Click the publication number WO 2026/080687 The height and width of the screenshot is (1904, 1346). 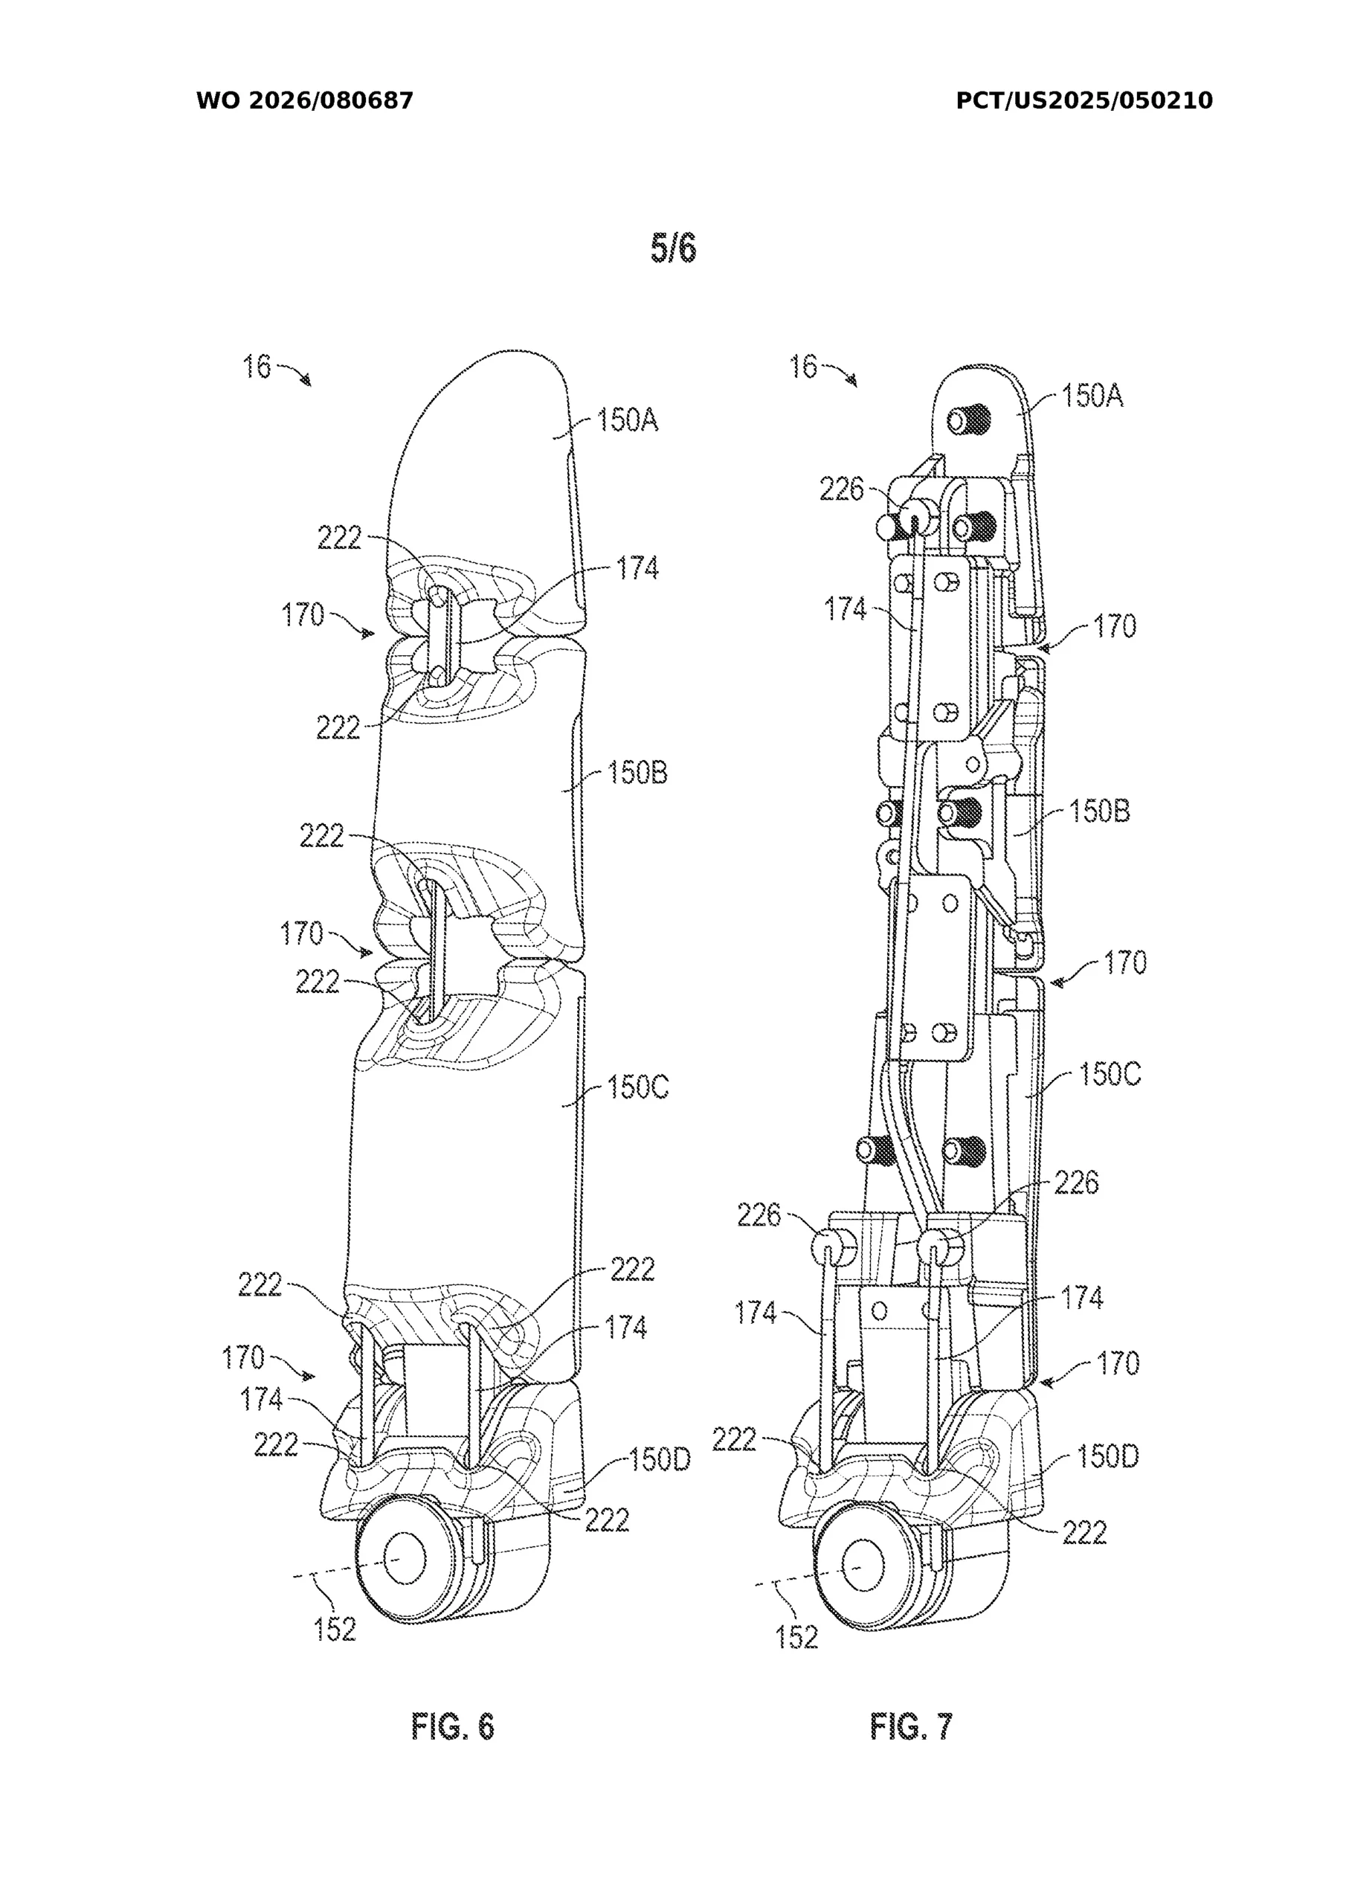coord(304,101)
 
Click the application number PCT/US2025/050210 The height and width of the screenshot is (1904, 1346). coord(1084,101)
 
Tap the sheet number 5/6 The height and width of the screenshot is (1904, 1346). coord(672,248)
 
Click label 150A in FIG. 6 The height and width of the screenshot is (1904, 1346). coord(628,420)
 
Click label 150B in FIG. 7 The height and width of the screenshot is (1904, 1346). coord(1100,810)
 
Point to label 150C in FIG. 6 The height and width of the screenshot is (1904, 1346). coord(637,1087)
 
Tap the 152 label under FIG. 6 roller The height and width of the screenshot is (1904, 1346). coord(335,1630)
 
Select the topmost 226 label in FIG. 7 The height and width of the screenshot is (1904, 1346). coord(841,490)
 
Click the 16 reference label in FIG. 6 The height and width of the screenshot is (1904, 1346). coord(257,367)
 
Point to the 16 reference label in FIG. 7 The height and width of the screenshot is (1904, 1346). coord(803,367)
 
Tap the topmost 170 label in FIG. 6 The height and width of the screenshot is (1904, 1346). coord(302,615)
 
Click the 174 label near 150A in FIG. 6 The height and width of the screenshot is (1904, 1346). coord(637,568)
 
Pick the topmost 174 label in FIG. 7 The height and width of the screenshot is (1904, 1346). coord(844,610)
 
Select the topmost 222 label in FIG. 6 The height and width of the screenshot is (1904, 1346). coord(339,539)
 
